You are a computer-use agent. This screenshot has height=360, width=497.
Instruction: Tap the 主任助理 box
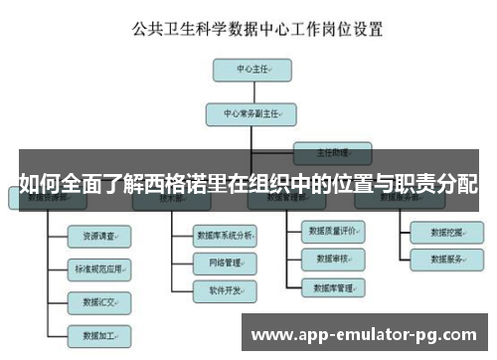click(x=332, y=153)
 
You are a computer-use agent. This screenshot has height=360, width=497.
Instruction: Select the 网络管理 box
click(x=228, y=264)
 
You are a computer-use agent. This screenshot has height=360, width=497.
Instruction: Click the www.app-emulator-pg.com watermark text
click(x=365, y=332)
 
